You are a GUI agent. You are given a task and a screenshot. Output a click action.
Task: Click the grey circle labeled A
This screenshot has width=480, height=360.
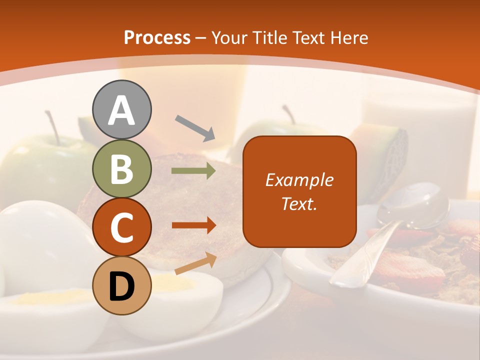click(121, 109)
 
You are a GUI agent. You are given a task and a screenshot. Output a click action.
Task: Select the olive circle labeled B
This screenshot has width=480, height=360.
click(121, 168)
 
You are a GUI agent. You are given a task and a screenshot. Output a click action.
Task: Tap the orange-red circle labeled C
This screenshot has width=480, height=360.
click(121, 227)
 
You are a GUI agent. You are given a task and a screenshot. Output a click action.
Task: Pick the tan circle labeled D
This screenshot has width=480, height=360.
click(121, 285)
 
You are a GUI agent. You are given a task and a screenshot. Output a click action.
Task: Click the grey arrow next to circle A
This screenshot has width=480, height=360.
click(195, 127)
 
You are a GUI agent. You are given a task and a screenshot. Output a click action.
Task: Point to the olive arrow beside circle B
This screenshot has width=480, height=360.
click(193, 171)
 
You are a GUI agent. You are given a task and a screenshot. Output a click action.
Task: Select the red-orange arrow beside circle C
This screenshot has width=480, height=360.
click(193, 225)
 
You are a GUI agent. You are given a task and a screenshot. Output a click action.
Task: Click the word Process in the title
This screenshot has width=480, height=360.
click(157, 37)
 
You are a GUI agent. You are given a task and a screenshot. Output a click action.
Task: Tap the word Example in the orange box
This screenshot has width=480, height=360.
click(299, 180)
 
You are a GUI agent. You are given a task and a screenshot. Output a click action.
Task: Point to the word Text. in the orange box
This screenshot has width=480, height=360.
click(299, 203)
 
